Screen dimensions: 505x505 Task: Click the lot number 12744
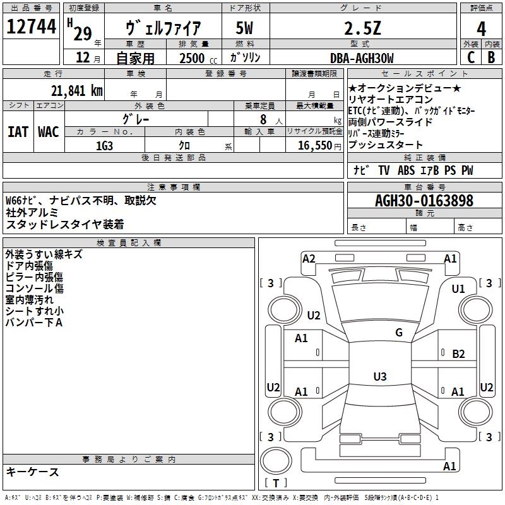pyautogui.click(x=31, y=27)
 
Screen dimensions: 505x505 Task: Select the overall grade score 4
pyautogui.click(x=481, y=29)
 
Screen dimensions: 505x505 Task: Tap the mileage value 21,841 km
pyautogui.click(x=76, y=91)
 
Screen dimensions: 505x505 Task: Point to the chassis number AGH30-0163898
pyautogui.click(x=424, y=201)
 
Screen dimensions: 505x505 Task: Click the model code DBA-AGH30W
pyautogui.click(x=362, y=58)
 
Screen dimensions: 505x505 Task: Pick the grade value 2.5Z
pyautogui.click(x=362, y=28)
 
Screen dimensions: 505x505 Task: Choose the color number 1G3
pyautogui.click(x=104, y=146)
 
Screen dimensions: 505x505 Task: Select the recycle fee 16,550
pyautogui.click(x=314, y=146)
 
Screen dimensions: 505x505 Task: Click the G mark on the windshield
pyautogui.click(x=399, y=332)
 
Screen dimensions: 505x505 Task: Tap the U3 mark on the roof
pyautogui.click(x=380, y=376)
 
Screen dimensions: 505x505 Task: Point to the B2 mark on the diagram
pyautogui.click(x=458, y=354)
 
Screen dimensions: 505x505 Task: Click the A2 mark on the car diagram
pyautogui.click(x=309, y=259)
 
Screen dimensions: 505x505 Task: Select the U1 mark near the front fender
pyautogui.click(x=458, y=289)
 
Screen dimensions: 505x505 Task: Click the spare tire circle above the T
pyautogui.click(x=276, y=461)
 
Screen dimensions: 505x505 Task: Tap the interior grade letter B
pyautogui.click(x=491, y=57)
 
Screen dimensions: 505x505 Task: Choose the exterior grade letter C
pyautogui.click(x=471, y=57)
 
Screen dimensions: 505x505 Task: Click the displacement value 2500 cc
pyautogui.click(x=198, y=59)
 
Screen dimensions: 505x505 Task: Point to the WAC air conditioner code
pyautogui.click(x=49, y=132)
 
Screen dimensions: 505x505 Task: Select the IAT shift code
pyautogui.click(x=18, y=132)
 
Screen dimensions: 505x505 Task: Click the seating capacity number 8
pyautogui.click(x=263, y=119)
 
